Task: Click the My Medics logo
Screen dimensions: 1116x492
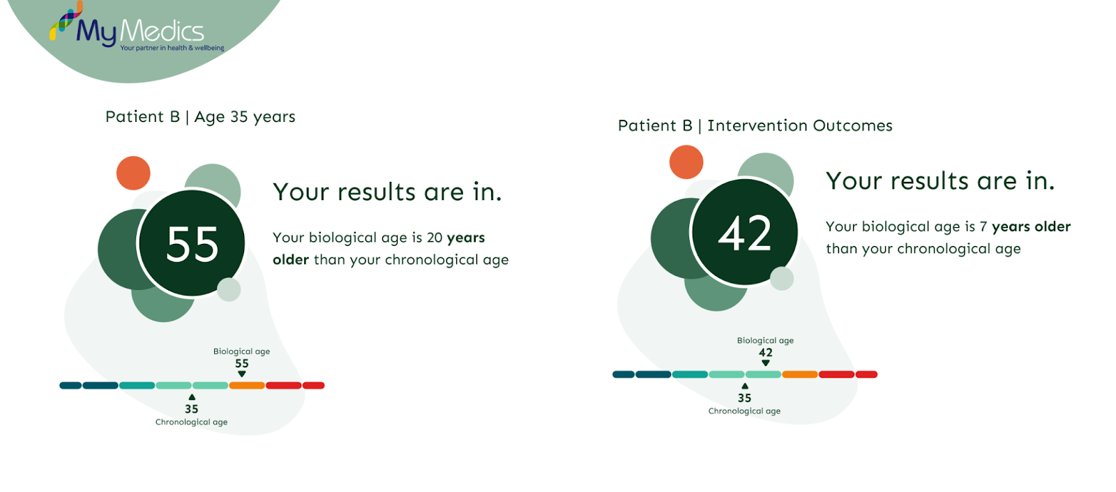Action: [x=137, y=27]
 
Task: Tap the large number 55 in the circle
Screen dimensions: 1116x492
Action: [x=192, y=244]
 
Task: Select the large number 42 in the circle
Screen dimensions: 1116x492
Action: [x=744, y=233]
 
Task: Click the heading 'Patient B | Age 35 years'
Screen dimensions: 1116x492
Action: [x=200, y=117]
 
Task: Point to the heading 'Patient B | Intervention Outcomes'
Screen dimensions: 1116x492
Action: [x=755, y=125]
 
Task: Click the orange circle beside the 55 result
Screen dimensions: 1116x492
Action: [x=133, y=173]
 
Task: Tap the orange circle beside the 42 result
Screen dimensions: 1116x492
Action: [x=686, y=162]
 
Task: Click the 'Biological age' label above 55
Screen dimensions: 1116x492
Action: [x=241, y=351]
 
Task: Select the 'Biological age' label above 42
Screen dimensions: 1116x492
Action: [x=765, y=341]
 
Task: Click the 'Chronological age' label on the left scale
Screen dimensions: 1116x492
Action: [x=191, y=422]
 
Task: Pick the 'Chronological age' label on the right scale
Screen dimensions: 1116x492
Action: [x=744, y=411]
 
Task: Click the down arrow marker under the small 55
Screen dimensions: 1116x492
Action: [x=241, y=374]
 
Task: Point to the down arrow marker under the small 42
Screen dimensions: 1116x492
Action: [x=765, y=363]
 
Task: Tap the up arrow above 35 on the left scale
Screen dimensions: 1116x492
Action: [x=192, y=397]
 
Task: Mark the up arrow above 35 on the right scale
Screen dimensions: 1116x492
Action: [x=745, y=386]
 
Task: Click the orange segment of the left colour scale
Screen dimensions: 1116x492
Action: [x=247, y=385]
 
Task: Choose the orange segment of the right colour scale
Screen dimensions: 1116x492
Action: [x=799, y=374]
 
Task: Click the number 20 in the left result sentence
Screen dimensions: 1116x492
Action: [x=435, y=238]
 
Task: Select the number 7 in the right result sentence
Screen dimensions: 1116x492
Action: [x=983, y=227]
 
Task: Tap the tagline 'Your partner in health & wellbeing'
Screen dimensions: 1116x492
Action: [x=172, y=48]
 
